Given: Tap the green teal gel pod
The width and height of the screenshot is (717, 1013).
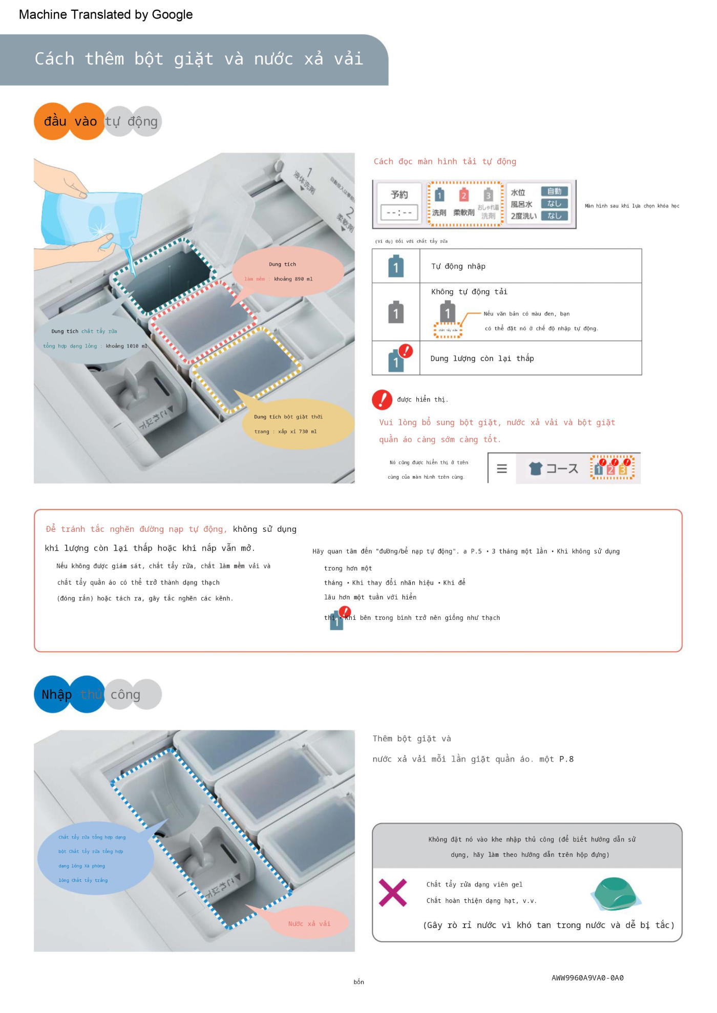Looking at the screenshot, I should coord(615,893).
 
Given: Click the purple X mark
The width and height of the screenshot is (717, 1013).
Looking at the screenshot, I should coord(393,892).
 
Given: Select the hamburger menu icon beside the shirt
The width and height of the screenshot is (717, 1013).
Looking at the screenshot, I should coord(502,468).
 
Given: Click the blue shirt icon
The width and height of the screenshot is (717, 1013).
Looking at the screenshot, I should coord(535,468).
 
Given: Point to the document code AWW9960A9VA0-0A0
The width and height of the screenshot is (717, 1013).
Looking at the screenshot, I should coord(587,978).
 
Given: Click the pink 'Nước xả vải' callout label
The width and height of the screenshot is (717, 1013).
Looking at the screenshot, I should coord(309,923).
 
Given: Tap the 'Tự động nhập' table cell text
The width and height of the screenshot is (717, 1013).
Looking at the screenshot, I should coord(458,266).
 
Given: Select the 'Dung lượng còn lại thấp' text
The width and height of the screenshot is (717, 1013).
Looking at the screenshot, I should coord(482,358).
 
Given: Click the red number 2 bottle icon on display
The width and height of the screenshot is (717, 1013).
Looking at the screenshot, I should coord(463,195).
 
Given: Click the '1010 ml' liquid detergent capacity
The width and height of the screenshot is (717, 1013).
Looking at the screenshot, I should coord(132,346).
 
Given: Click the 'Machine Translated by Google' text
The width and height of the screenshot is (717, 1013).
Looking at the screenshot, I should coord(106,14).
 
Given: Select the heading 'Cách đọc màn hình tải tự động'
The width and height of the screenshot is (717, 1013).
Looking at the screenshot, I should coord(445,161).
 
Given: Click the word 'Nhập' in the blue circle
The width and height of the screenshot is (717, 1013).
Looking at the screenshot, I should coord(56,695).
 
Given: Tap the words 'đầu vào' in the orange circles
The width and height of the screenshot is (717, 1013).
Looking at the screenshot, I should coord(70,121).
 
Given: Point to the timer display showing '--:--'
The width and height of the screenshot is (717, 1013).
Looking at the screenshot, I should coord(399,212).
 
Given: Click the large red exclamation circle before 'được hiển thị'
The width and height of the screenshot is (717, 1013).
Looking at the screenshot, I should coord(382,399).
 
